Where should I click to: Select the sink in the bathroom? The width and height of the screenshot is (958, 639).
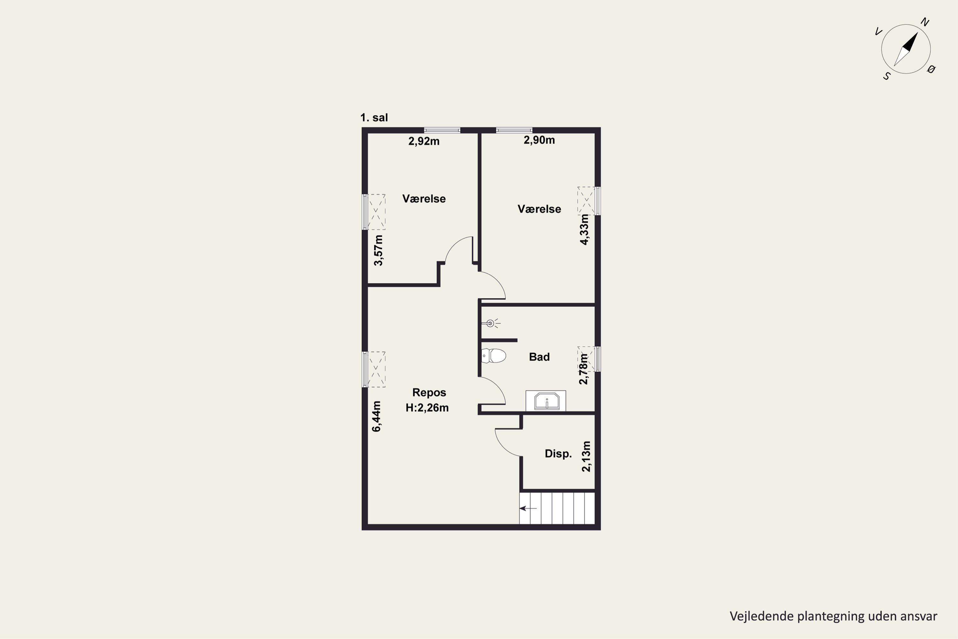click(546, 401)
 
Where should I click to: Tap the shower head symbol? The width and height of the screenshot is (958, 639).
click(491, 324)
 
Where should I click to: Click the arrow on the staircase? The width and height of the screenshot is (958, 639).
click(528, 508)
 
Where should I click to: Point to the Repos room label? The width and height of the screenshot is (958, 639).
click(429, 392)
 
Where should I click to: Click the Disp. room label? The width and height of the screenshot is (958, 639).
click(558, 454)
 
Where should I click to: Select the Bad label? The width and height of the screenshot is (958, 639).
click(539, 357)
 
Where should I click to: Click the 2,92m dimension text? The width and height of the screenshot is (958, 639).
click(424, 142)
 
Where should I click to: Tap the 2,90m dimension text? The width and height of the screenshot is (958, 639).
click(539, 140)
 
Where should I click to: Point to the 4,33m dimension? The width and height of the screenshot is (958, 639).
click(584, 229)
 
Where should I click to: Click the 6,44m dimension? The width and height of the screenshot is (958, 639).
click(376, 416)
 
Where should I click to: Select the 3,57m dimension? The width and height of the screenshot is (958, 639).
click(378, 250)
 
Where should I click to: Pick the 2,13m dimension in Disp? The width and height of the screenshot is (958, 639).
click(586, 457)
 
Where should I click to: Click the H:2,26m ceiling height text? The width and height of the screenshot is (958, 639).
click(427, 408)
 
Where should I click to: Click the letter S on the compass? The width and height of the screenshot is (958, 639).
click(887, 76)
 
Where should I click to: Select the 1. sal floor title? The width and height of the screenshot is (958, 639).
click(374, 118)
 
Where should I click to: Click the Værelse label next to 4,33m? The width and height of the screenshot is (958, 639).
click(539, 209)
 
